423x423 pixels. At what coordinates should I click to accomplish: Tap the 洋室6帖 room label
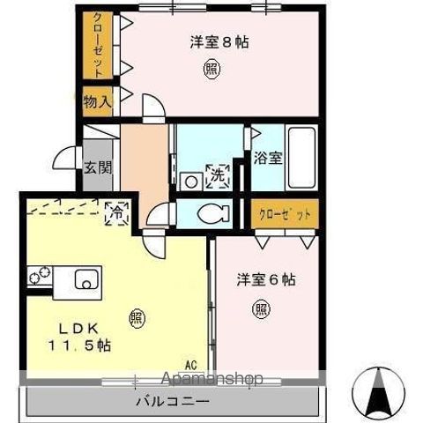(265, 280)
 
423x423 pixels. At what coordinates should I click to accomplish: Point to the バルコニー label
(171, 401)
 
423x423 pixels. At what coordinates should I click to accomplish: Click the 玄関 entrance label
(97, 167)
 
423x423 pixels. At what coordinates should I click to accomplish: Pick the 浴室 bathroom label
(268, 160)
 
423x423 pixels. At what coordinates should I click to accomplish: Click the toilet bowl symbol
(211, 212)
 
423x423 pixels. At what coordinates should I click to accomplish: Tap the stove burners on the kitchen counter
(38, 278)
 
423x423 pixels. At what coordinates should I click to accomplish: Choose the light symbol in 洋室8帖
(211, 68)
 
